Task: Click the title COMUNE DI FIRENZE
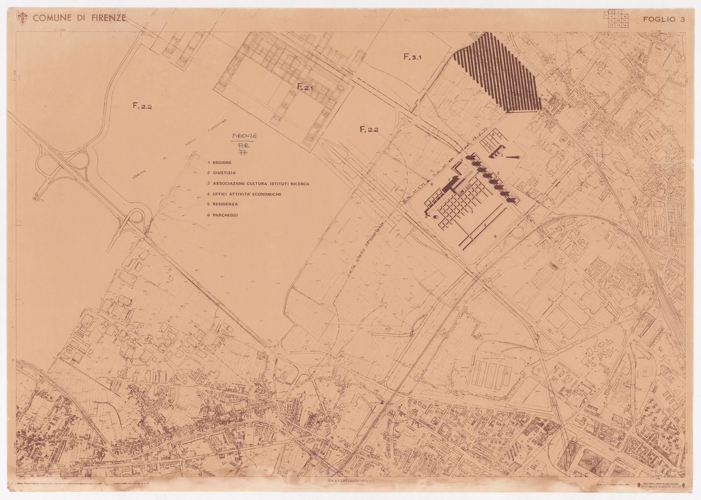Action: (79, 19)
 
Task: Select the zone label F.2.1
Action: (304, 87)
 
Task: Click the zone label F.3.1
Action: (414, 57)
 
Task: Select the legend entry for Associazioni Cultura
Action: (258, 184)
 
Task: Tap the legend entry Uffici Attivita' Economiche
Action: (244, 194)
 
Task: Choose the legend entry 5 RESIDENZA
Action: (223, 205)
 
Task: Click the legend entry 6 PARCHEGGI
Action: (224, 215)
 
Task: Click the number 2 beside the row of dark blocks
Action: (498, 174)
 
